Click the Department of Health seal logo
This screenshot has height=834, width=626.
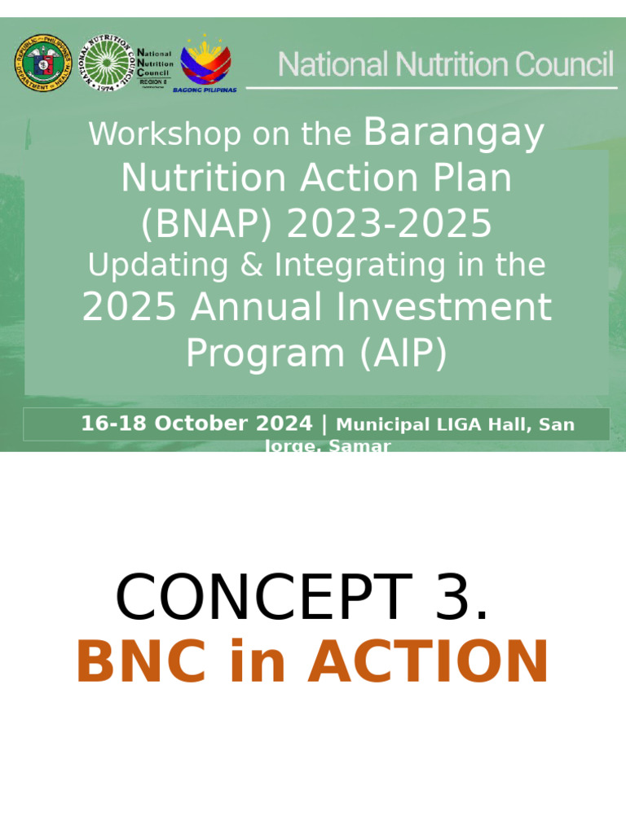[x=43, y=64]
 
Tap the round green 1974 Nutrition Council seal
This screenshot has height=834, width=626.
[x=106, y=64]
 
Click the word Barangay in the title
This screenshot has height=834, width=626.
[x=453, y=133]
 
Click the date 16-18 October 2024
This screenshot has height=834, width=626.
[x=196, y=424]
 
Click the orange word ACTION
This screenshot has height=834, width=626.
[x=428, y=662]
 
